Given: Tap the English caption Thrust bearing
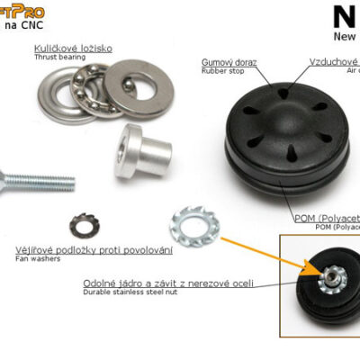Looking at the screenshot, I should [x=60, y=57].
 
